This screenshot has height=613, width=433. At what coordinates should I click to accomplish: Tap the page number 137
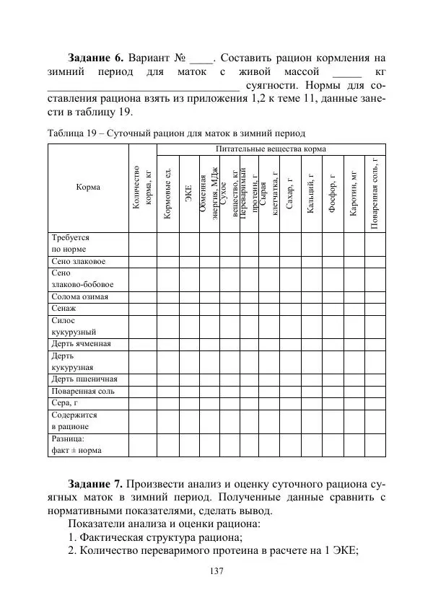click(216, 571)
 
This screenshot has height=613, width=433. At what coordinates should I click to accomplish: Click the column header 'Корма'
click(88, 187)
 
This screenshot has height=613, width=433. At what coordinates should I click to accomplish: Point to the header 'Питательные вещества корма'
click(271, 149)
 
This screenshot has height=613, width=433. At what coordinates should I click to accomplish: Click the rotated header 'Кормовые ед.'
click(168, 192)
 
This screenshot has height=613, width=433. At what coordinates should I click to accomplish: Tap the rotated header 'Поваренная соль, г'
click(375, 192)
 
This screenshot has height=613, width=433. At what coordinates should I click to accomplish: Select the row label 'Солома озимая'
click(80, 296)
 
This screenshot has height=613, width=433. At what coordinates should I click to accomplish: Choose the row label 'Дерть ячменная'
click(82, 343)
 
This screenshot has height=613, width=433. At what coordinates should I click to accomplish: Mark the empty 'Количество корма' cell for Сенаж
click(142, 308)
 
